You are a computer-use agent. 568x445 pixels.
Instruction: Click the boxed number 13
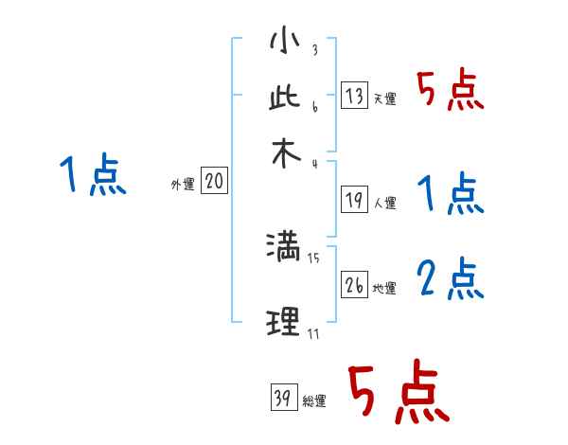[x=354, y=97]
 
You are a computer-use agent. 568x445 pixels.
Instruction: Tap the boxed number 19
[x=354, y=200]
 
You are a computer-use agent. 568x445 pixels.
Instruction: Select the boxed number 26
[x=354, y=286]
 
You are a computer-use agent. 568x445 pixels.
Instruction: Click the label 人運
[x=385, y=202]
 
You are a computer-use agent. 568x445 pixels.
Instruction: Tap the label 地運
[x=385, y=288]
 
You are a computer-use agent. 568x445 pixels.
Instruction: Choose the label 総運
[x=314, y=400]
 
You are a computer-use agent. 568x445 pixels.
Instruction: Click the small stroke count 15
[x=313, y=256]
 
